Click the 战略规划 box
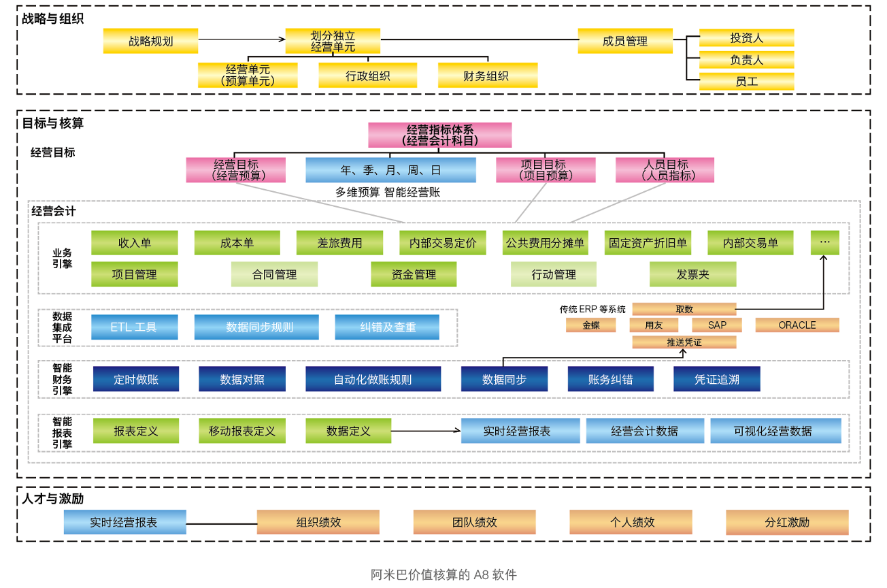150,41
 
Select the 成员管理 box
624,41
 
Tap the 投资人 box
746,38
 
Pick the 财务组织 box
487,76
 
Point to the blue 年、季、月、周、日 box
390,170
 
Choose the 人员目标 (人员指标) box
665,170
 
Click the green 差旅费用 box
339,243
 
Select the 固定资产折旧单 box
648,243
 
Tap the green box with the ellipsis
824,242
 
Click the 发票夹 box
692,274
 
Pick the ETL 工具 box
134,327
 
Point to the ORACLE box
797,325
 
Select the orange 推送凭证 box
684,342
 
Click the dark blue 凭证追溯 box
716,380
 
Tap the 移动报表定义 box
242,431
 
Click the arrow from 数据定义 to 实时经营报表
426,431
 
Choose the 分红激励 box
786,523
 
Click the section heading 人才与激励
53,499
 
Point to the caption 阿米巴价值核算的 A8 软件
443,574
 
